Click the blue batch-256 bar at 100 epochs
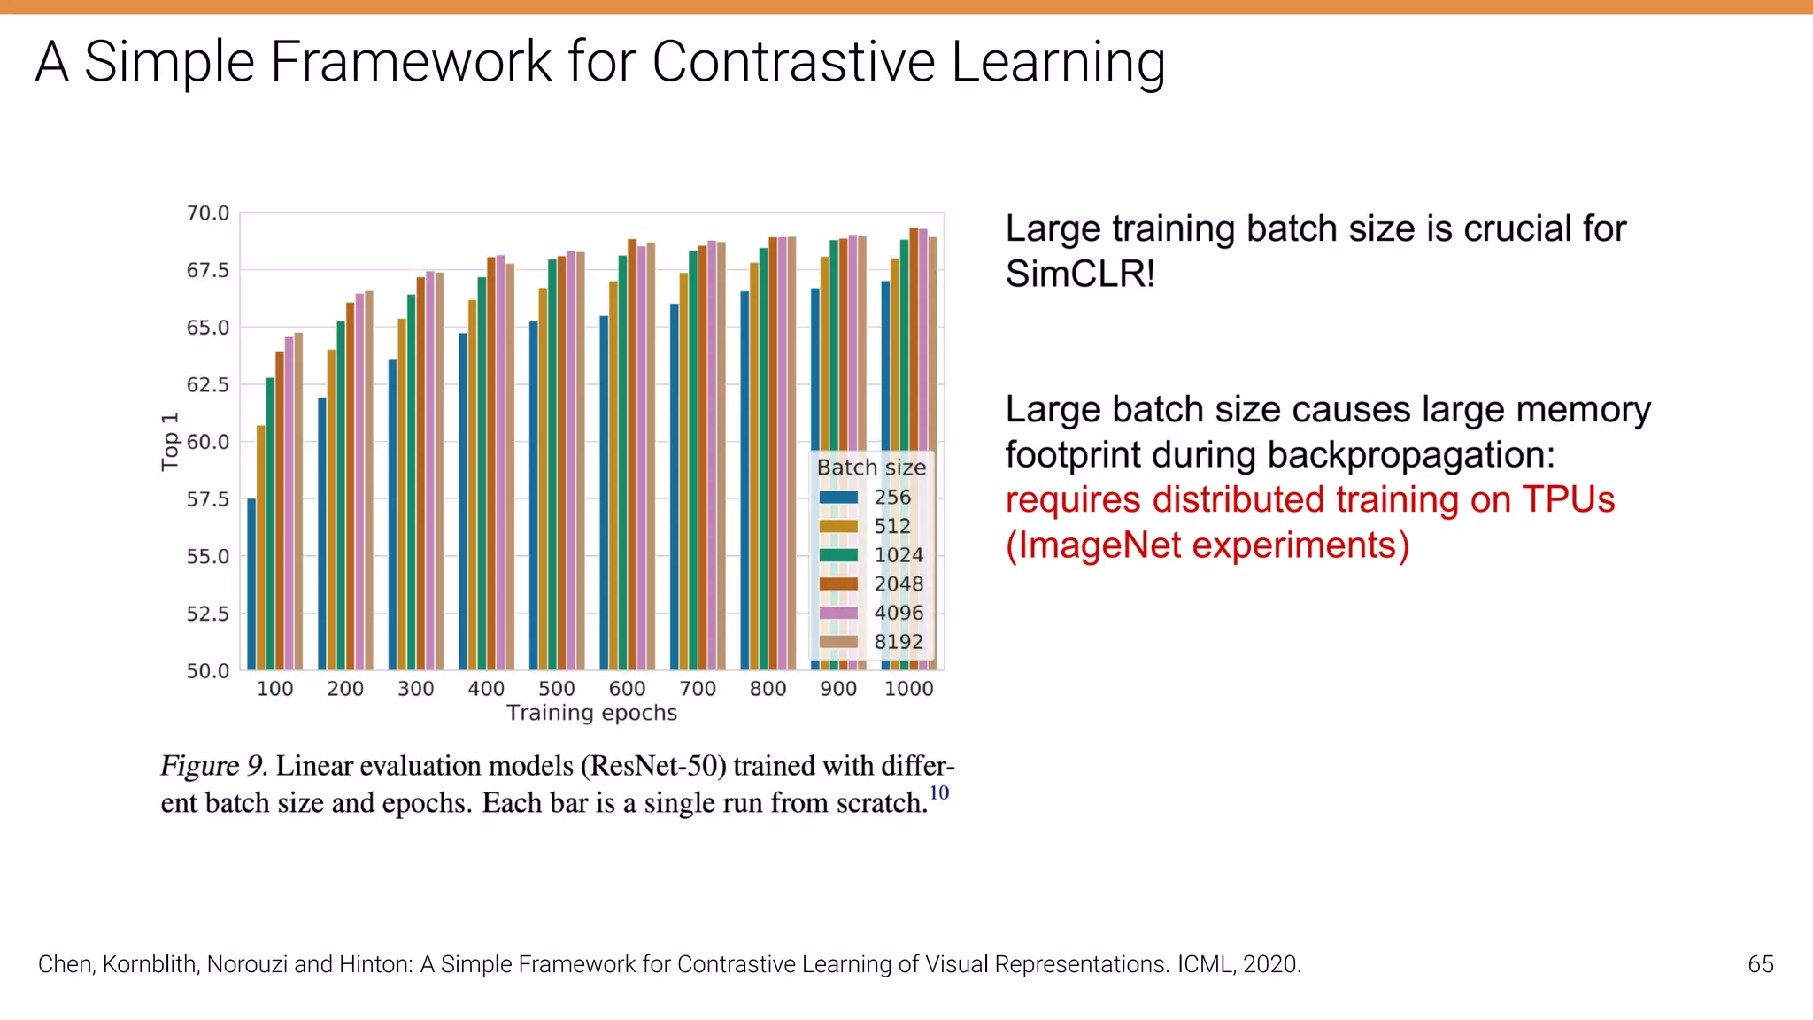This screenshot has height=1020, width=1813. (x=251, y=584)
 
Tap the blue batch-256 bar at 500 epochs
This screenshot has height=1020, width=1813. (x=534, y=496)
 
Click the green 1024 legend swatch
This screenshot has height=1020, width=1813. (x=838, y=555)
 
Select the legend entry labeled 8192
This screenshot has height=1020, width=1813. (x=898, y=642)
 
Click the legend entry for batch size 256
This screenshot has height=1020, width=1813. (x=891, y=498)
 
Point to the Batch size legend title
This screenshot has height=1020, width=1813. (x=871, y=467)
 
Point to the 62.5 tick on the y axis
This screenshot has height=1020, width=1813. (x=207, y=385)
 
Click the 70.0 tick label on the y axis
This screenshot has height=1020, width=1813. (x=207, y=213)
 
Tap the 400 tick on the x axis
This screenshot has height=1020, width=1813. (x=486, y=689)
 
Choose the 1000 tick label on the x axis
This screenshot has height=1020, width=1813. (x=909, y=689)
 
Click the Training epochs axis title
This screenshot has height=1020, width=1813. (x=591, y=714)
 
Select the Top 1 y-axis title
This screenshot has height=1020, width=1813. (x=170, y=442)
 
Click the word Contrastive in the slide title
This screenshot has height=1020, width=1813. (x=793, y=62)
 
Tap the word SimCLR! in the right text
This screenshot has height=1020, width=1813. (x=1080, y=274)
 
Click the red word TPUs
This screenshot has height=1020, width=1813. (x=1568, y=500)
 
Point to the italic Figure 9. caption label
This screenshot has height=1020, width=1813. (x=212, y=766)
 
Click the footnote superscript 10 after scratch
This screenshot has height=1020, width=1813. (x=939, y=792)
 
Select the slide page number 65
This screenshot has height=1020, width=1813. (x=1760, y=964)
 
